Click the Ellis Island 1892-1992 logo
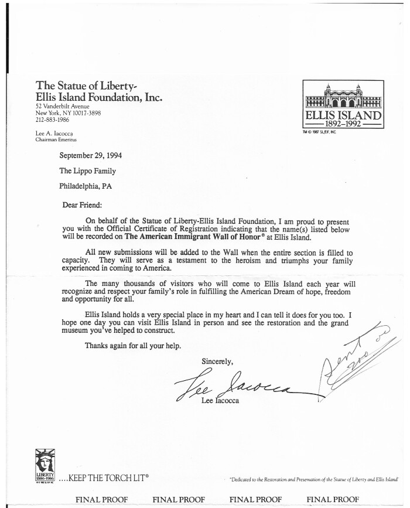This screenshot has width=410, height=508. (x=343, y=106)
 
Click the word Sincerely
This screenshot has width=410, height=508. (x=217, y=361)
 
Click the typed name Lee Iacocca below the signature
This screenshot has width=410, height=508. (x=220, y=400)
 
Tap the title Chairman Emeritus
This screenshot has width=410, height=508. (x=56, y=140)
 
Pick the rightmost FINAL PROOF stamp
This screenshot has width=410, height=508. (x=333, y=499)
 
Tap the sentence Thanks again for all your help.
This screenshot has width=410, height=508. (x=133, y=345)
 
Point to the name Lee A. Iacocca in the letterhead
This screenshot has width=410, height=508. (x=54, y=134)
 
